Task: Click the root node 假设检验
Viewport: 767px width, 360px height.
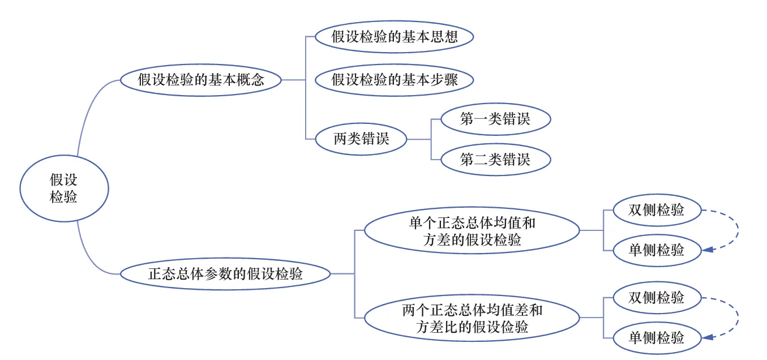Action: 63,188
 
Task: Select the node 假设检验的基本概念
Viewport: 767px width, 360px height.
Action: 201,80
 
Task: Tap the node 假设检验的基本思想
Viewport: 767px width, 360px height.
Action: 394,37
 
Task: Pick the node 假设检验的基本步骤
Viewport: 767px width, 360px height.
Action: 394,80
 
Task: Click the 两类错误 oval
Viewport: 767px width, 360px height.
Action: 361,139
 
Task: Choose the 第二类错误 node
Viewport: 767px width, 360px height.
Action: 495,159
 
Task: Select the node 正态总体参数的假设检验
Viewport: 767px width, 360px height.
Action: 225,274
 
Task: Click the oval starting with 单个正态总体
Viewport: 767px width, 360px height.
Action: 472,231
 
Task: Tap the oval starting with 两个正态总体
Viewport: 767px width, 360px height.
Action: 472,319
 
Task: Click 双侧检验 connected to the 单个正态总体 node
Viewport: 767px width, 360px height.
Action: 657,210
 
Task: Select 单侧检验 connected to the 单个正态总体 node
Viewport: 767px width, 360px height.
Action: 657,250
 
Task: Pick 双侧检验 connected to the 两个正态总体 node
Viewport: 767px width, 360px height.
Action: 657,297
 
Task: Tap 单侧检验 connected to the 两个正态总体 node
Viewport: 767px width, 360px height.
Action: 657,338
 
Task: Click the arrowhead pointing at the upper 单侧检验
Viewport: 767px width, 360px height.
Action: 708,249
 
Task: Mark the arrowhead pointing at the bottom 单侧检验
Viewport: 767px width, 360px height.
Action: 708,338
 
